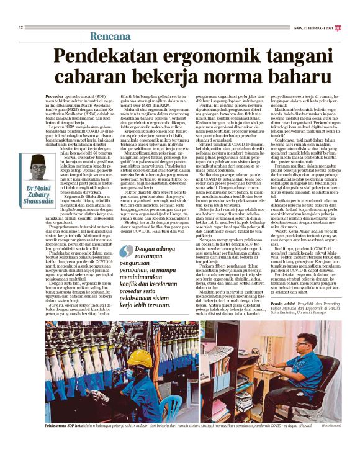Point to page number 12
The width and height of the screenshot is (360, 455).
21,27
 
